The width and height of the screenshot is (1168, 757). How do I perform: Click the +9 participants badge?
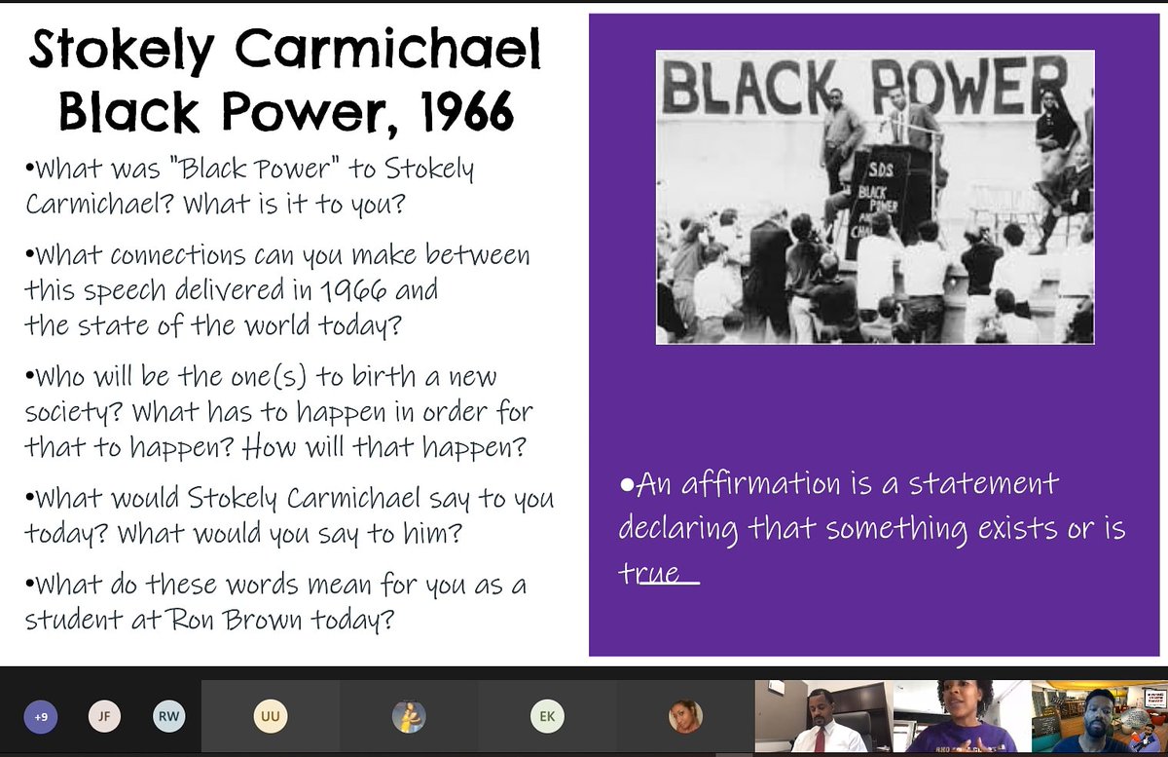click(x=40, y=717)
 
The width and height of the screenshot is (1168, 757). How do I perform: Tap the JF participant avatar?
click(x=104, y=717)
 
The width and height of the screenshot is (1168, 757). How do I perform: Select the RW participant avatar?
click(x=167, y=717)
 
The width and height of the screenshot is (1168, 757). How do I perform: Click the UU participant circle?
click(x=270, y=717)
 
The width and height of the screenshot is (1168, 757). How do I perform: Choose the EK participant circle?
click(x=547, y=717)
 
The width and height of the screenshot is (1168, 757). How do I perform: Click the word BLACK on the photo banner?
click(x=748, y=86)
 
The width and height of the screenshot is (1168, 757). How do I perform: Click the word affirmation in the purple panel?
click(x=747, y=484)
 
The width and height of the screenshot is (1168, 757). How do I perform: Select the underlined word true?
click(x=659, y=573)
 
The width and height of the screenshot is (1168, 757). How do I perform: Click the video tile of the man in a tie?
click(x=823, y=717)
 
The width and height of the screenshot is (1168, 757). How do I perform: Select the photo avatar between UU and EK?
click(x=409, y=717)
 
